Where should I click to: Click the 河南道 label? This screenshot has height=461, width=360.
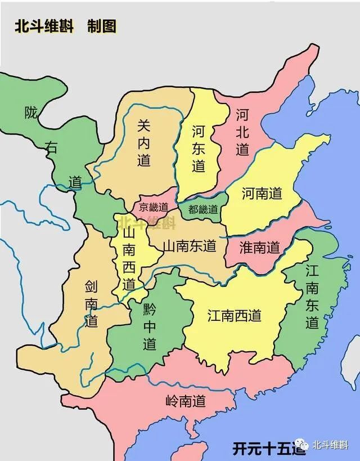262,194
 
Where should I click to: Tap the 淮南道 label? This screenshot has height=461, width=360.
259,247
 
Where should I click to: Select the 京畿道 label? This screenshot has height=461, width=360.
154,207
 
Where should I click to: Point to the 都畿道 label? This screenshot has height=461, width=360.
203,209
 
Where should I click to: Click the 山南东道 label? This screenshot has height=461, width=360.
189,245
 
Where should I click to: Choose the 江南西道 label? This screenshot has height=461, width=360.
234,315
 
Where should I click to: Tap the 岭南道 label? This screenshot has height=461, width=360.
185,401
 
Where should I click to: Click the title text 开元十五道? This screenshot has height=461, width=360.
269,448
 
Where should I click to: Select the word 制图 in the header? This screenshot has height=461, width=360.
102,26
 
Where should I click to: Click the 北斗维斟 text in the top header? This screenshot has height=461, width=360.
44,26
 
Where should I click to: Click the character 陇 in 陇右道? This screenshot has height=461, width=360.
30,113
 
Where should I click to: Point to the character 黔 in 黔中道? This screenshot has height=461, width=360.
149,308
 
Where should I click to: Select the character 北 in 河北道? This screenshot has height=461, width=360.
242,132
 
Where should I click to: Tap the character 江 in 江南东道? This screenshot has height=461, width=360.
313,271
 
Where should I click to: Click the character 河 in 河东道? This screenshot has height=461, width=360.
198,132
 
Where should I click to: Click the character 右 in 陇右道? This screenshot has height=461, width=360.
52,147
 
